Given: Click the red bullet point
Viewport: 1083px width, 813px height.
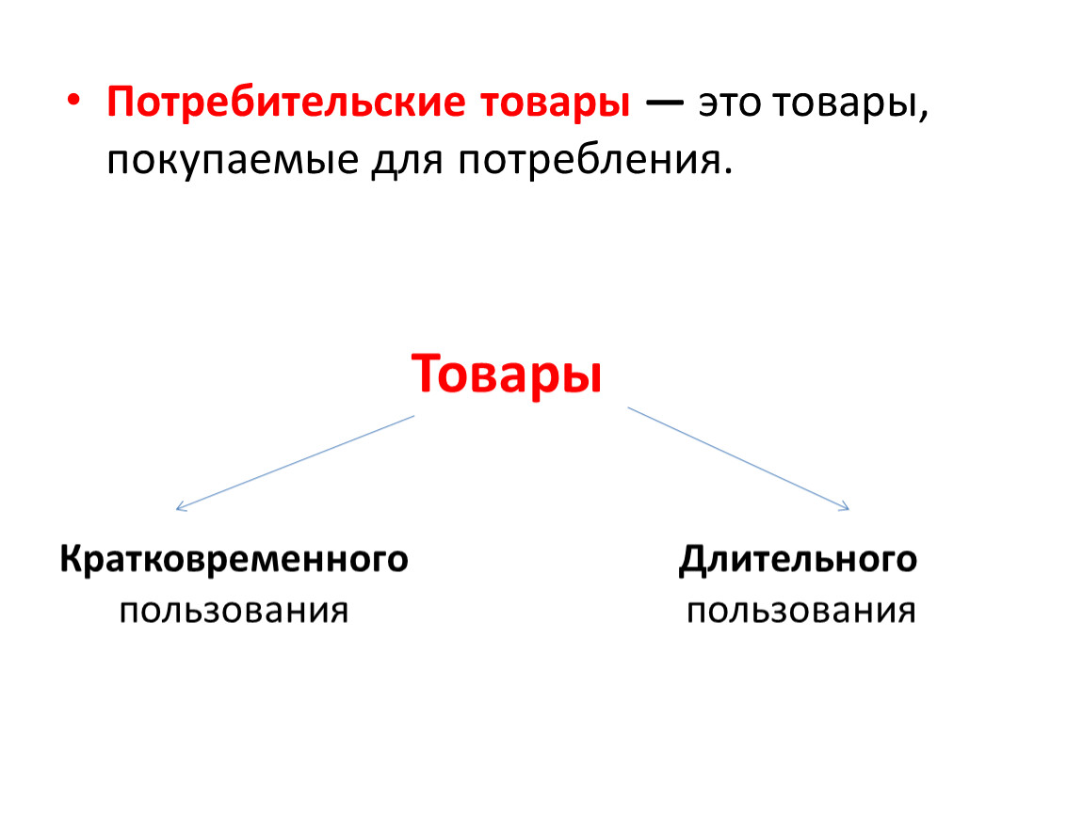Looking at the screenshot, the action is tap(73, 101).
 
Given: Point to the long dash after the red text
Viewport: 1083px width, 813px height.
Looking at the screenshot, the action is tap(665, 104).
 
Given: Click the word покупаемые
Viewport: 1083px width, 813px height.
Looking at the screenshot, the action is tap(233, 161).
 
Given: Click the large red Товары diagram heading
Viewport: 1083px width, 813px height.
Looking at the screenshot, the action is tap(507, 375).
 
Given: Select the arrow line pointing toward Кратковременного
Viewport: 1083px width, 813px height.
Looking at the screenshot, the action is tap(295, 462).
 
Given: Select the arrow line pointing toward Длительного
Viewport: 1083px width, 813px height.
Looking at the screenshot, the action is tap(738, 459).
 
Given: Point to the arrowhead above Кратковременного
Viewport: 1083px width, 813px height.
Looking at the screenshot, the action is tap(180, 507).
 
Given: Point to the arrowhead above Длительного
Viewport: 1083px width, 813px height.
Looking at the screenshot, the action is tap(845, 507).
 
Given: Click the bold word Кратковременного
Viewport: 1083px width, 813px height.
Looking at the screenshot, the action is tap(234, 560).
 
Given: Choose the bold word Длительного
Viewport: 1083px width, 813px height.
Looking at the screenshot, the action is tap(798, 560).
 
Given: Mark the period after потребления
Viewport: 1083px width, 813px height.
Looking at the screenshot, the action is tap(727, 171).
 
